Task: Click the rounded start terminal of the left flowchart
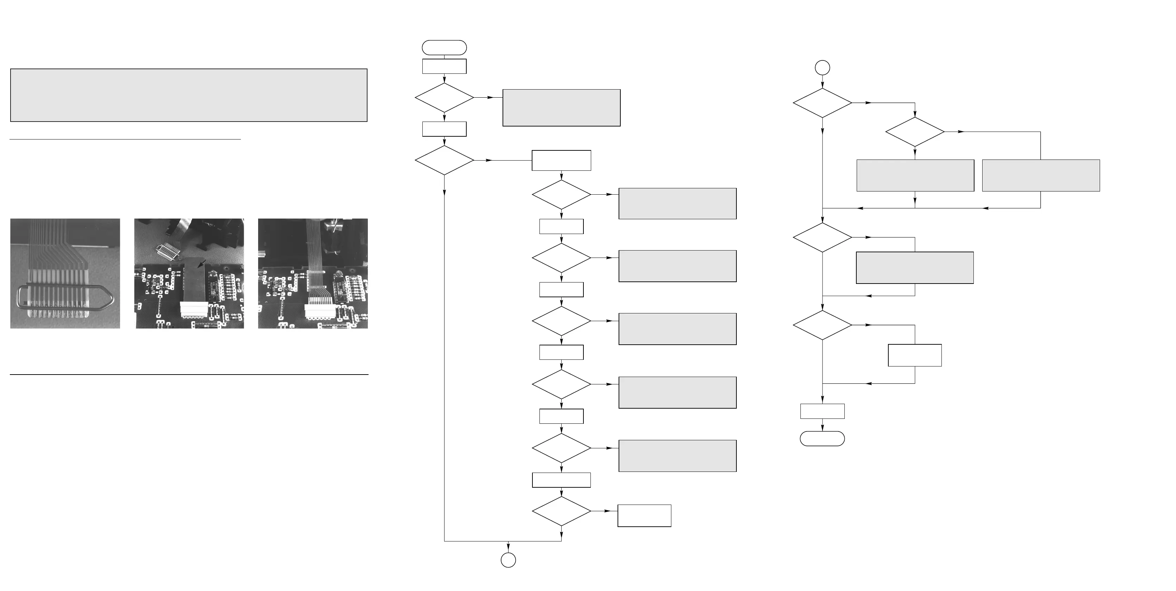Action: (x=444, y=47)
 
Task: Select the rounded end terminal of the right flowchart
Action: (x=822, y=439)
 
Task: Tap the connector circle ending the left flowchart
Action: (x=508, y=560)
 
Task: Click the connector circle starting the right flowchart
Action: (x=822, y=68)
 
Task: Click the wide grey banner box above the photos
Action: (x=188, y=95)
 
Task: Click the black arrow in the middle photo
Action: (x=201, y=264)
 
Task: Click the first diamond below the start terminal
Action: (x=444, y=98)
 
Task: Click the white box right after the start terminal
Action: (x=444, y=66)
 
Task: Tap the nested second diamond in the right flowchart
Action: (x=914, y=132)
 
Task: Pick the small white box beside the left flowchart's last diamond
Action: (x=644, y=516)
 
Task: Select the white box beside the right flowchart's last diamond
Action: (x=914, y=355)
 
